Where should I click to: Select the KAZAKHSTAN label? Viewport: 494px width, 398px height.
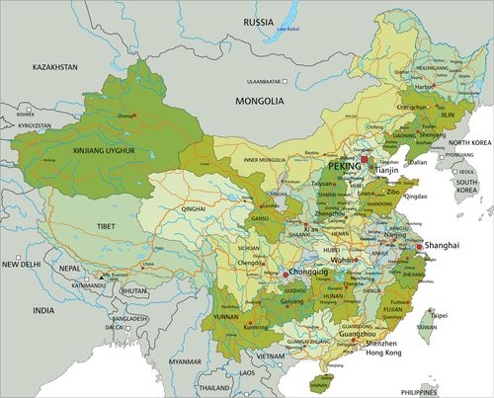point(27,67)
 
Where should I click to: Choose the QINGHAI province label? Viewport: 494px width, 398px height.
point(194,210)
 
